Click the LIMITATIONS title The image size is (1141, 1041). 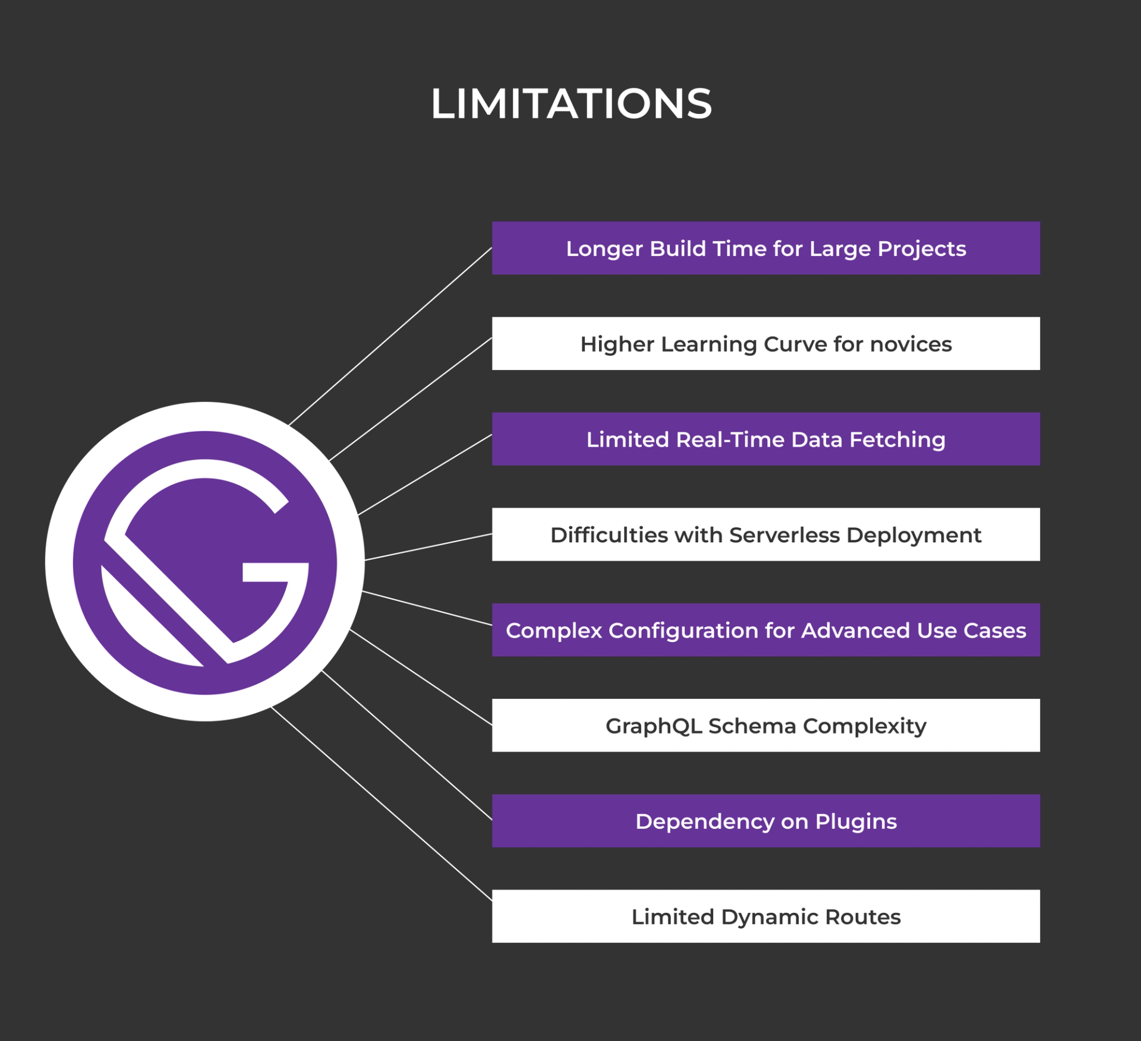571,103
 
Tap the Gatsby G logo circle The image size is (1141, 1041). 205,562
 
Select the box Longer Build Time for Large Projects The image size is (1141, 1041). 765,248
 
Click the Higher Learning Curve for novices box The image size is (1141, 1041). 765,344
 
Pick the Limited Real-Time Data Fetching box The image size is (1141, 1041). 765,439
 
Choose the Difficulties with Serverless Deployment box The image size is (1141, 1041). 765,534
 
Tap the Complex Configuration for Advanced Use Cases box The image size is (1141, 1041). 765,630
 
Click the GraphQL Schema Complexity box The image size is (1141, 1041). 765,726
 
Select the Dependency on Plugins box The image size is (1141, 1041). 765,821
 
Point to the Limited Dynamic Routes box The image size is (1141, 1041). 765,916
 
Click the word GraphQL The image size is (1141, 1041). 654,726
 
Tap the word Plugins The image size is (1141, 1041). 856,821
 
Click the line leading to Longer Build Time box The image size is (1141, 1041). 390,337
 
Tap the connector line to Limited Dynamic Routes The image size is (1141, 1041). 380,804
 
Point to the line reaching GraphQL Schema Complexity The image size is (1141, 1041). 421,678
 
